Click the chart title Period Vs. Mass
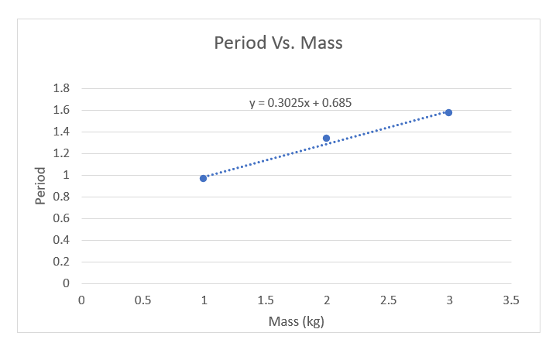coord(278,43)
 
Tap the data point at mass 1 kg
coord(204,178)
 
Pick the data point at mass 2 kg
coord(326,138)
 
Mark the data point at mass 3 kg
coord(448,112)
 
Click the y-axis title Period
coord(41,186)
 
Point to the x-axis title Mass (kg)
coord(296,321)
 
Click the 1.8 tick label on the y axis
coord(61,88)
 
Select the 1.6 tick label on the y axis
coord(61,110)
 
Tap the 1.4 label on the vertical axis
coord(61,132)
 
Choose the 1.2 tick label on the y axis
coord(61,153)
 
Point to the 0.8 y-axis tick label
coord(61,197)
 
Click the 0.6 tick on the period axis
coord(61,218)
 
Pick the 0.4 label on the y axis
coord(61,240)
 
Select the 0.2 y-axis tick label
coord(61,262)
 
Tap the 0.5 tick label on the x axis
coord(142,300)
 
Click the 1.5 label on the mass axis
coord(265,300)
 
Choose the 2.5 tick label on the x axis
coord(387,300)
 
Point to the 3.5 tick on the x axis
coord(510,300)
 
